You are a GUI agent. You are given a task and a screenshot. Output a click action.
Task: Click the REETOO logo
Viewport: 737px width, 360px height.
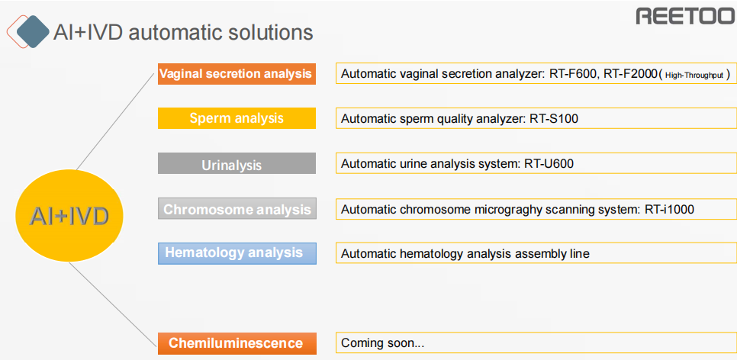(x=686, y=15)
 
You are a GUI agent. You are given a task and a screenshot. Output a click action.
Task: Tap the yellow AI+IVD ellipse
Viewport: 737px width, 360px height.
(x=69, y=216)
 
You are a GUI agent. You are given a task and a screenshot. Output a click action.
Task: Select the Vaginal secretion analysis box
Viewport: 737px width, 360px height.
(x=237, y=74)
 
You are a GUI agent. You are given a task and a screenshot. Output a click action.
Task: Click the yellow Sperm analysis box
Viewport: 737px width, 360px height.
(x=237, y=118)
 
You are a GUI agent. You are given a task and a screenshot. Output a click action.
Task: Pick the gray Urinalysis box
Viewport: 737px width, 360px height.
(x=237, y=163)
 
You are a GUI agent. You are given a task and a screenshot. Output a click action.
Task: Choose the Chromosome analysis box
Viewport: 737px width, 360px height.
(x=237, y=209)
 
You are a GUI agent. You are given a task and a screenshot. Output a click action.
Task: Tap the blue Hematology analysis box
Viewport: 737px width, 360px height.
(x=237, y=253)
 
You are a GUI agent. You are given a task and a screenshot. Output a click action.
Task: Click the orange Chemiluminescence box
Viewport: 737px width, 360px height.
(x=237, y=343)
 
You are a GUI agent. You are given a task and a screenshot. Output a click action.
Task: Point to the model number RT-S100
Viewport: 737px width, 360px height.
(x=554, y=119)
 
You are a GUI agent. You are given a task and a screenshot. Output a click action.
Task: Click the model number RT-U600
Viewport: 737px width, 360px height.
(x=549, y=164)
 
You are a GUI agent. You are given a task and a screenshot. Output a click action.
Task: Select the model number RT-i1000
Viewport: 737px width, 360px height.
(x=669, y=210)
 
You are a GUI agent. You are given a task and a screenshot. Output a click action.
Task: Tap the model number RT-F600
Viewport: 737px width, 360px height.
(x=571, y=74)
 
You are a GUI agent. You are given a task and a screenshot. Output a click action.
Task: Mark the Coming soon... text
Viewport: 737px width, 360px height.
(x=382, y=343)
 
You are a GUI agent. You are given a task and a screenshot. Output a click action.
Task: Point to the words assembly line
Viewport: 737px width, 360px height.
(x=552, y=254)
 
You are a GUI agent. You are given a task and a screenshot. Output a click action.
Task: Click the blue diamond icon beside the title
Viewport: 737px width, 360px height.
(x=33, y=31)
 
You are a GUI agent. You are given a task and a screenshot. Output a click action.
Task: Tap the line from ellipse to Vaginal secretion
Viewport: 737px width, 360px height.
(x=116, y=121)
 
